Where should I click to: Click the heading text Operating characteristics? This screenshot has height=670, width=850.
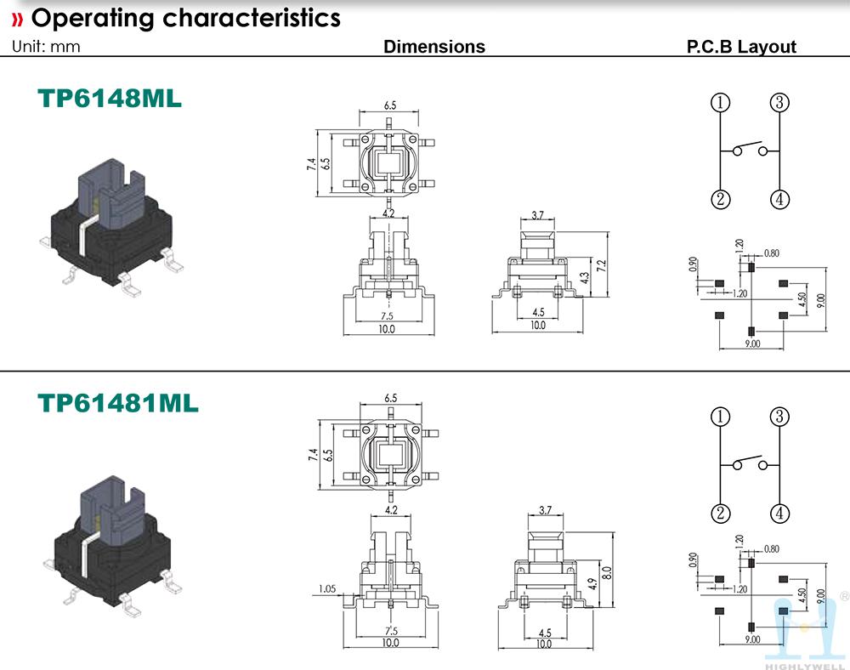(185, 18)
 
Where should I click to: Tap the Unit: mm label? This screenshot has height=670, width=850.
(46, 47)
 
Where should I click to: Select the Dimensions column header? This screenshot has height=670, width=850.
(434, 47)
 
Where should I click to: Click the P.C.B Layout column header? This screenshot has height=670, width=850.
(741, 47)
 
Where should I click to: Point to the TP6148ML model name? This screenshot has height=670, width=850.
(110, 99)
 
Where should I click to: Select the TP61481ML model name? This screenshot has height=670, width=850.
(118, 403)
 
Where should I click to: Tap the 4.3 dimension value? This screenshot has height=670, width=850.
(585, 277)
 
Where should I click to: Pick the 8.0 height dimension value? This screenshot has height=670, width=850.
(606, 571)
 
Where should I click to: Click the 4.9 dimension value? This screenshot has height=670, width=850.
(591, 584)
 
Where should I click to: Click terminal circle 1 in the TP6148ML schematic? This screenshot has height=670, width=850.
(721, 103)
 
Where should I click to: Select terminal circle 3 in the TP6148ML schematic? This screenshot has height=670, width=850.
(779, 103)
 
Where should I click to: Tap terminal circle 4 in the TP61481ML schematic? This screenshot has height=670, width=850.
(779, 514)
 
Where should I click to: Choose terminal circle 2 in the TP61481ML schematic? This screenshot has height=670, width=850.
(721, 514)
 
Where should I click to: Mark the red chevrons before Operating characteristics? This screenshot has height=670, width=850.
(17, 19)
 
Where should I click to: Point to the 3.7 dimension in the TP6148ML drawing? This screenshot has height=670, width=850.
(537, 215)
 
